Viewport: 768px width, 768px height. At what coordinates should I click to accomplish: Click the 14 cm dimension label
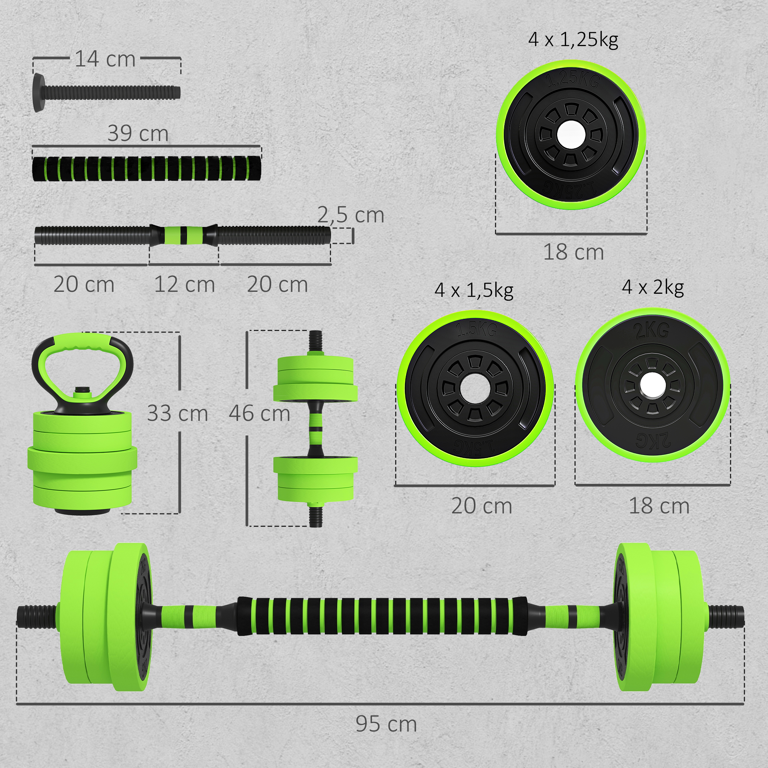pyautogui.click(x=105, y=59)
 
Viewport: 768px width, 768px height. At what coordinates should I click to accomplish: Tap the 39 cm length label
pyautogui.click(x=138, y=133)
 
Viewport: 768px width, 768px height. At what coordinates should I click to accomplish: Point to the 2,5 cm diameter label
pyautogui.click(x=351, y=215)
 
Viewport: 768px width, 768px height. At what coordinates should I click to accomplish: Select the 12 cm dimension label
pyautogui.click(x=184, y=285)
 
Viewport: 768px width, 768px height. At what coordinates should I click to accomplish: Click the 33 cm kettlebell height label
pyautogui.click(x=177, y=414)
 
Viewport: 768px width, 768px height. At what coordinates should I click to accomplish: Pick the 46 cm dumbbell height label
pyautogui.click(x=259, y=414)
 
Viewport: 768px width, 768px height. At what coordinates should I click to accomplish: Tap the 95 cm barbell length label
pyautogui.click(x=386, y=723)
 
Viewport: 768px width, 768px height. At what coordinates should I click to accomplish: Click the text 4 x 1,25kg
pyautogui.click(x=573, y=40)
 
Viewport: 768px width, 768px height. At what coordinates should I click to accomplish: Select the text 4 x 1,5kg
pyautogui.click(x=474, y=290)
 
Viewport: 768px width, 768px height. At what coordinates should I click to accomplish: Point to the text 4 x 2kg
pyautogui.click(x=653, y=287)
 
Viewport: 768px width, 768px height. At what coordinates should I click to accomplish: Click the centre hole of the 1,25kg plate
pyautogui.click(x=571, y=135)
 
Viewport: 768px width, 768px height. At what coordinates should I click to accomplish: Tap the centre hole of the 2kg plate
pyautogui.click(x=653, y=385)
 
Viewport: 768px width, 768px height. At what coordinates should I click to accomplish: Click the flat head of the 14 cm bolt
pyautogui.click(x=38, y=92)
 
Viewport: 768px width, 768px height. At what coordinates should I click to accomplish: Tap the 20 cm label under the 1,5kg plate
pyautogui.click(x=482, y=506)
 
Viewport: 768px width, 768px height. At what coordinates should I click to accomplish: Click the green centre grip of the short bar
pyautogui.click(x=184, y=235)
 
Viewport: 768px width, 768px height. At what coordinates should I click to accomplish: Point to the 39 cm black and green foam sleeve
pyautogui.click(x=146, y=169)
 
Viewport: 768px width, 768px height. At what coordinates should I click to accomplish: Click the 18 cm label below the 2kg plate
pyautogui.click(x=659, y=506)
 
